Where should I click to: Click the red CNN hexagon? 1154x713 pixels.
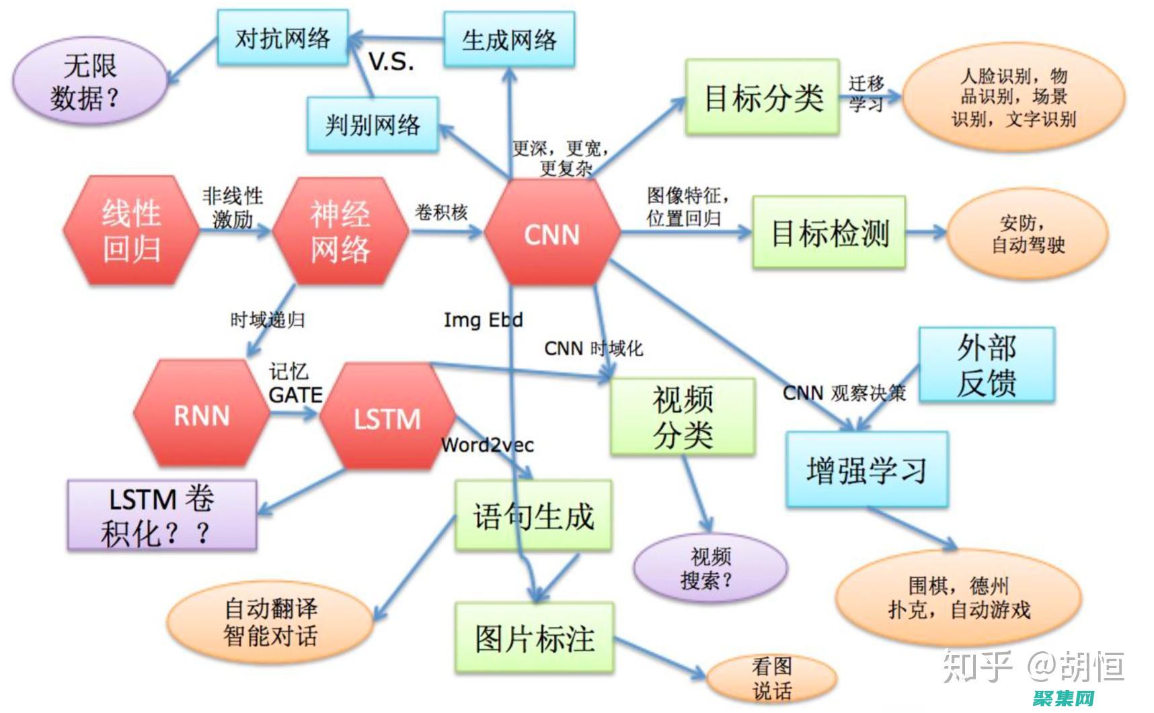pos(551,234)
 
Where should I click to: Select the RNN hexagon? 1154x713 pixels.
pos(202,415)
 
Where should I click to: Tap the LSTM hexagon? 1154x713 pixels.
pos(387,418)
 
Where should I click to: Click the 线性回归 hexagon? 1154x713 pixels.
pos(131,231)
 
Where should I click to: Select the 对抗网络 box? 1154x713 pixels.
pos(282,38)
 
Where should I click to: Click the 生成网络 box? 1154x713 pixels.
pos(509,40)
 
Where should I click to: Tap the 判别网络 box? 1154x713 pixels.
pos(373,124)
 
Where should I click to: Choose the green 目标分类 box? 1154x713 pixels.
pos(763,98)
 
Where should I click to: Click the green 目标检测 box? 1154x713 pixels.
pos(829,233)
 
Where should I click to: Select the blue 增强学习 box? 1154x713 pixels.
pos(867,470)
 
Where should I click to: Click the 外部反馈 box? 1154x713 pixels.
pos(987,365)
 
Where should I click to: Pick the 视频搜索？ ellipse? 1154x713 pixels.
pos(710,568)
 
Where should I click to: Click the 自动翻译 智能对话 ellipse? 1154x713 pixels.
pos(270,622)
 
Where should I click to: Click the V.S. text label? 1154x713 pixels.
pos(391,63)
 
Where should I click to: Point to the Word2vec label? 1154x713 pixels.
pos(488,445)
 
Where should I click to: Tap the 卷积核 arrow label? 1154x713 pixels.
pos(441,213)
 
